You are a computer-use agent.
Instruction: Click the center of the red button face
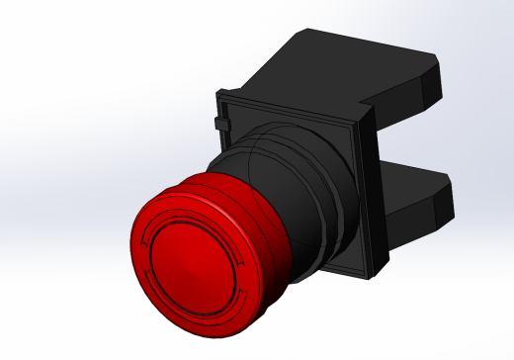(x=194, y=259)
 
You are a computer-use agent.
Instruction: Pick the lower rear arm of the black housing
(x=415, y=198)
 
